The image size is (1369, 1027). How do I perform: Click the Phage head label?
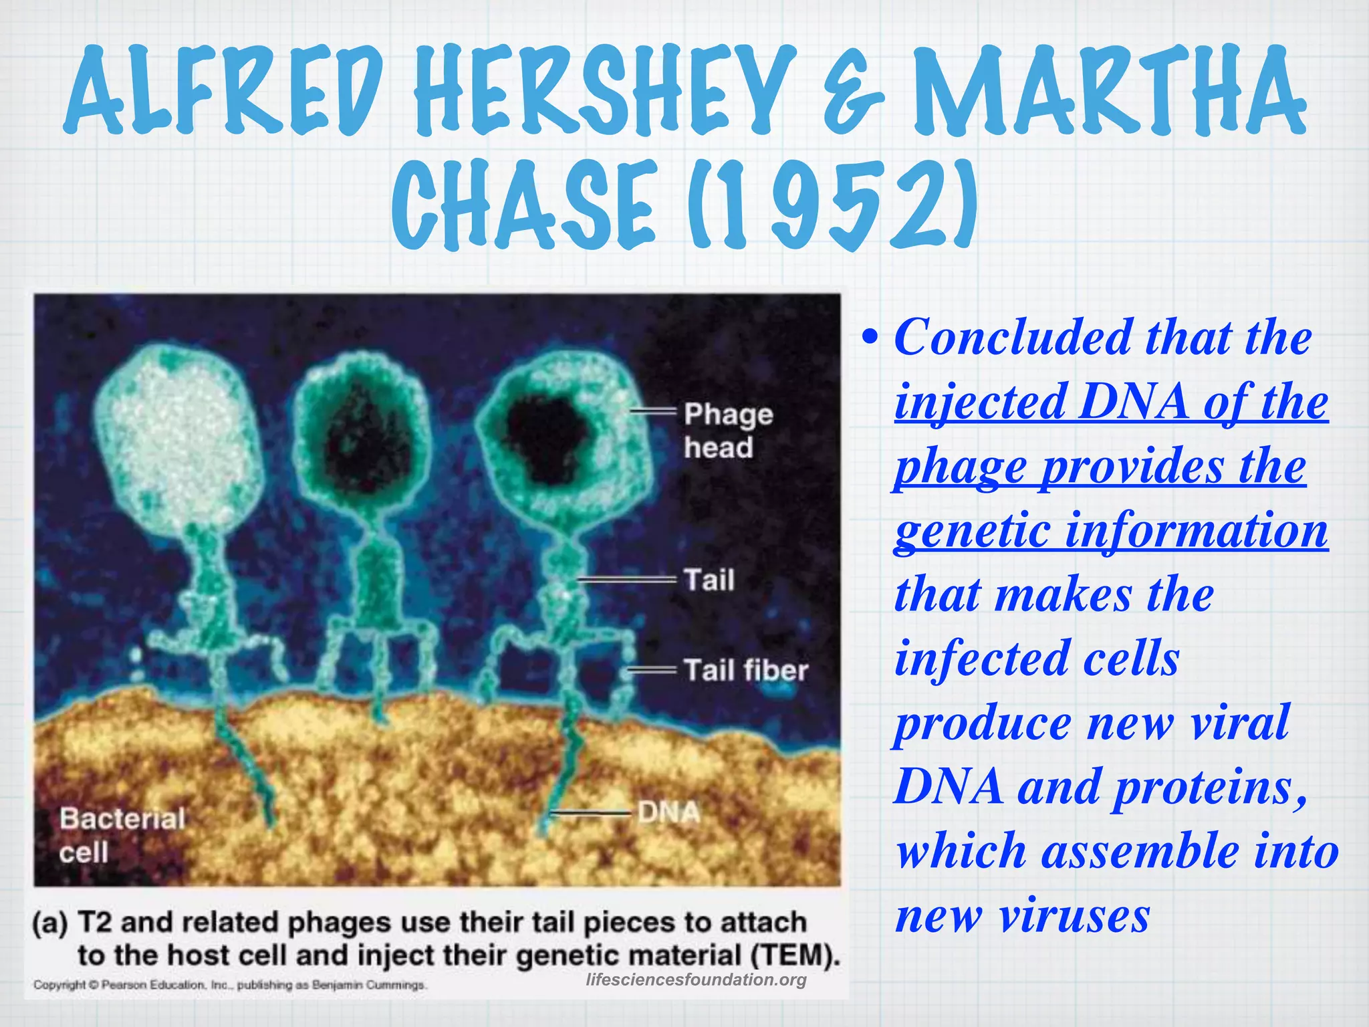coord(727,431)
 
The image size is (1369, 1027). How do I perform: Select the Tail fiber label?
coord(745,670)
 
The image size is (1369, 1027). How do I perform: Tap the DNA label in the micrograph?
coord(668,812)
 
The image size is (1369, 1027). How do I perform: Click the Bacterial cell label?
coord(122,834)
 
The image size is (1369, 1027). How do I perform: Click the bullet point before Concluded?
coord(869,338)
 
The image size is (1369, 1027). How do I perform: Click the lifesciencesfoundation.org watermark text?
coord(696,980)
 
